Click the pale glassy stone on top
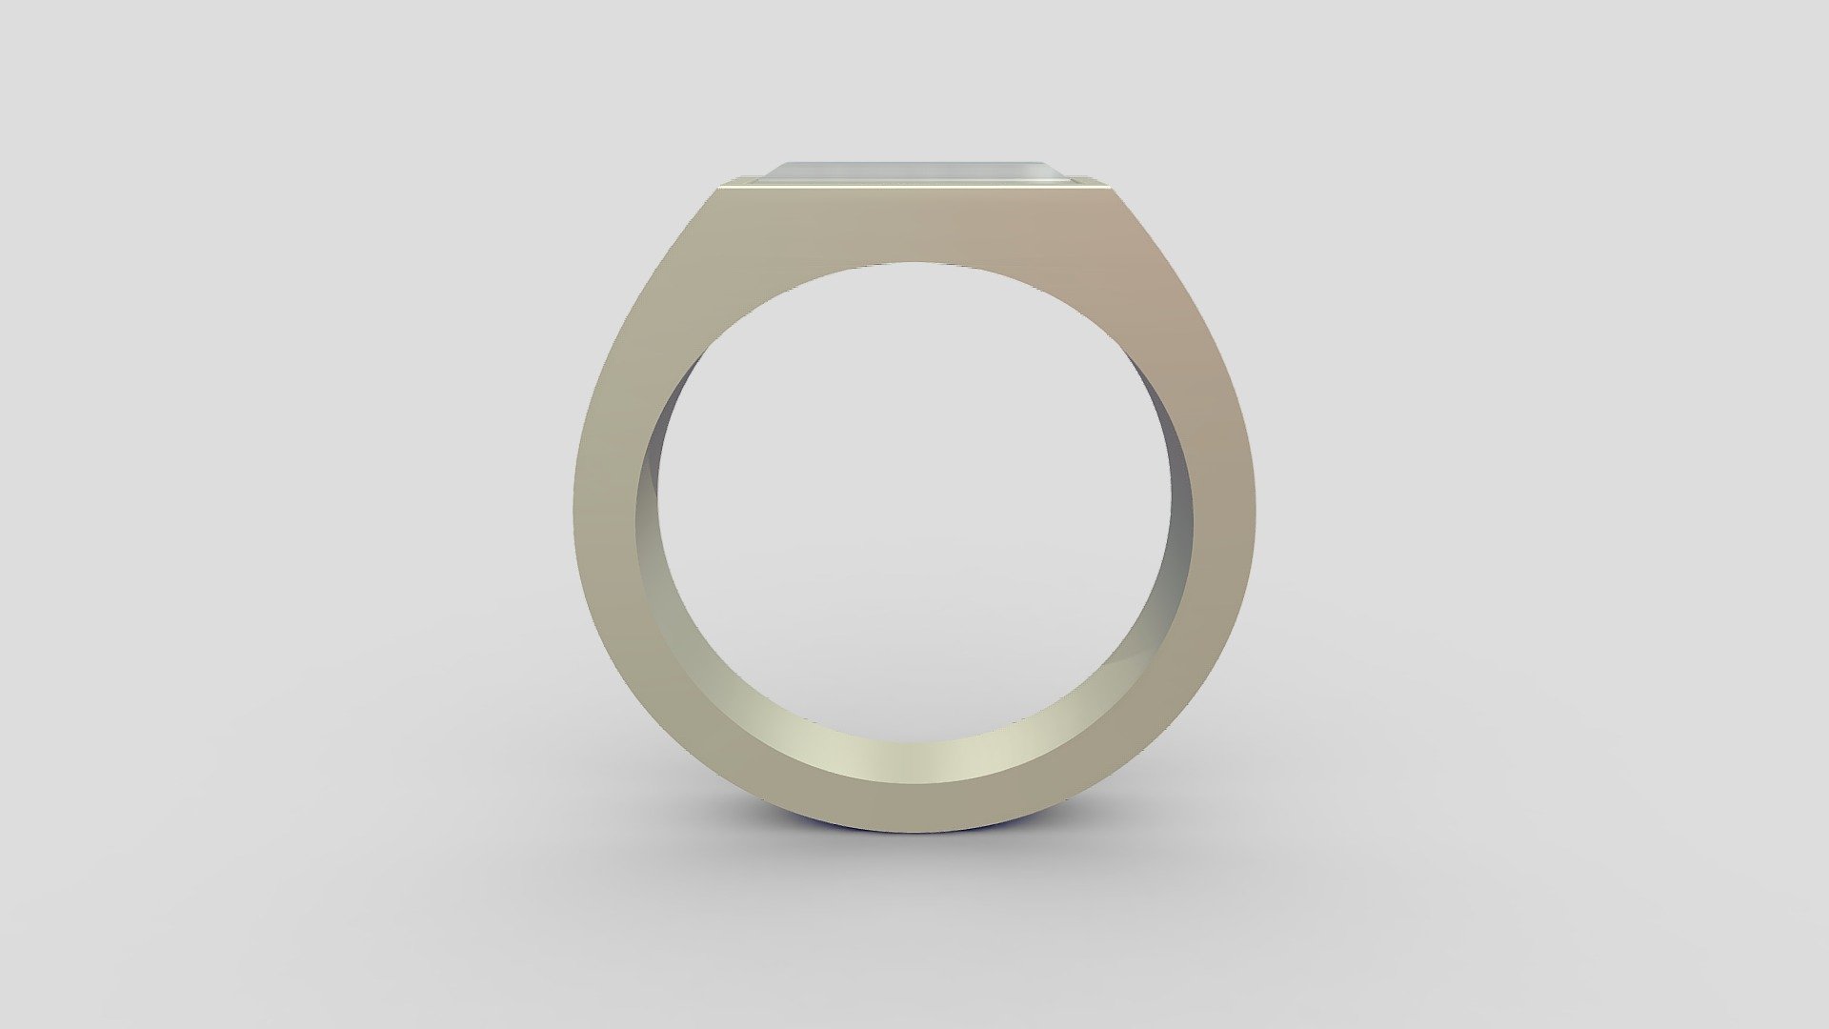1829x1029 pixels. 914,171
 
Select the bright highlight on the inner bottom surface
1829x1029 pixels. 914,762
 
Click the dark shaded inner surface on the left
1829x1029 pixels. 657,495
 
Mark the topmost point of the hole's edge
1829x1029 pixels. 914,261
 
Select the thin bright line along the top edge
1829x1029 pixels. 914,188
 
